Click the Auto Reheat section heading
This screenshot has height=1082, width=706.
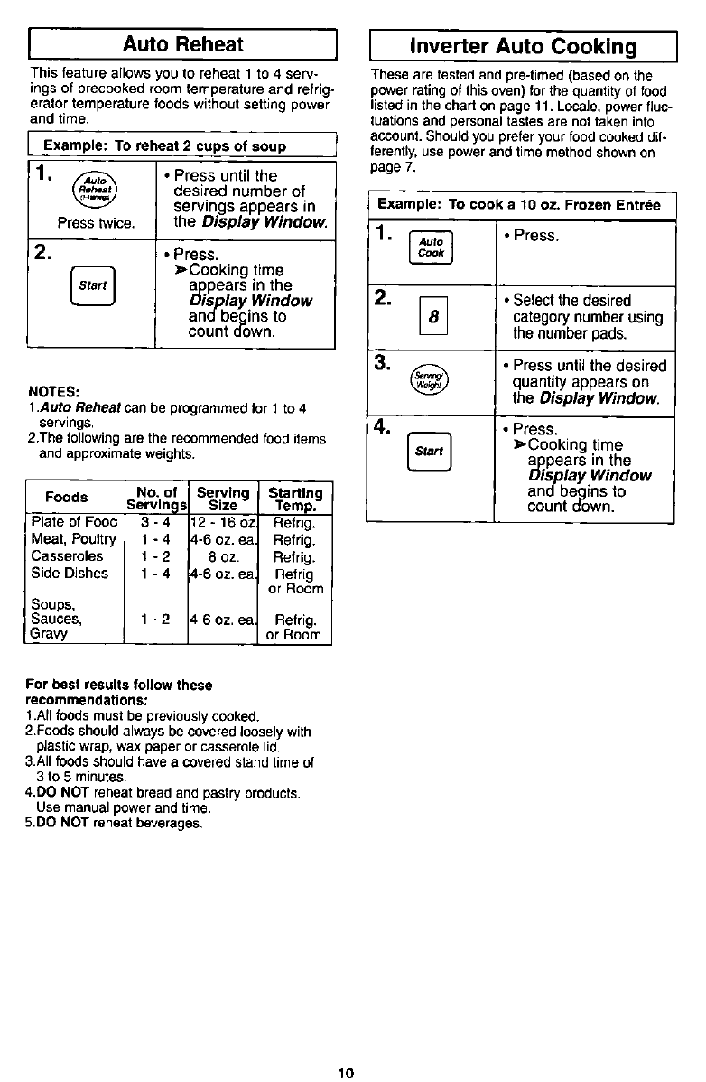tap(183, 44)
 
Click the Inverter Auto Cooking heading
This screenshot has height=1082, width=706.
tap(524, 46)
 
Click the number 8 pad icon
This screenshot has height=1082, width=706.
tap(433, 318)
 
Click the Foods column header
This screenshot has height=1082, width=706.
tap(67, 497)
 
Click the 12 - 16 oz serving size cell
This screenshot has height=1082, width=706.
tap(223, 523)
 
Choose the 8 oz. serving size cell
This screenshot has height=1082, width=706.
tap(223, 556)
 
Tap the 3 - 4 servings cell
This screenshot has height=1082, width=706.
tap(153, 523)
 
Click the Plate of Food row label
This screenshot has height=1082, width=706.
tap(74, 523)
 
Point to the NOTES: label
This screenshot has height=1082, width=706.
tap(55, 392)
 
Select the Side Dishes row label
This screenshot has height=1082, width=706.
tap(70, 573)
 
